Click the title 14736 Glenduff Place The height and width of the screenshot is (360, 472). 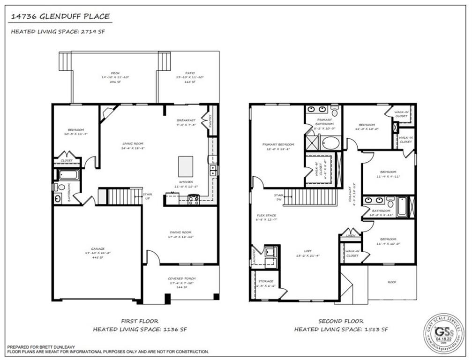tap(60, 17)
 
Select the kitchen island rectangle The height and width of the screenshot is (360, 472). tap(186, 166)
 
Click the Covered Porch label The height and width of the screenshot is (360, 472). tap(180, 278)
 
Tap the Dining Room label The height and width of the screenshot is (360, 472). tap(180, 232)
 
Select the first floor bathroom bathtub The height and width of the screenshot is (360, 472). tap(69, 175)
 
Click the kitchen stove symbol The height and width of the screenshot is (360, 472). tap(194, 200)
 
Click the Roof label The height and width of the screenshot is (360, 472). tap(392, 282)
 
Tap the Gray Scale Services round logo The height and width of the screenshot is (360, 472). tap(443, 333)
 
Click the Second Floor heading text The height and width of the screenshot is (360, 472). tap(341, 322)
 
